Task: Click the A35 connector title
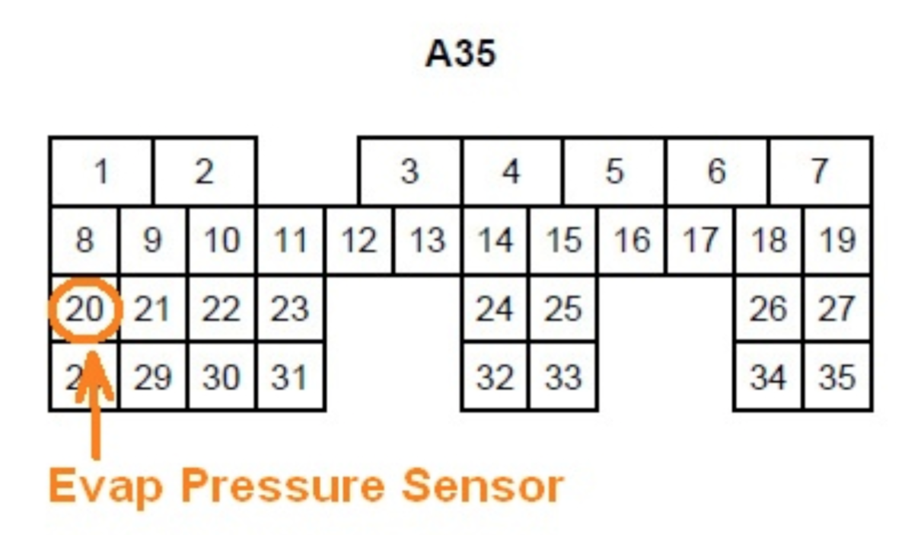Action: [460, 54]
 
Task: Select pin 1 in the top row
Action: [101, 172]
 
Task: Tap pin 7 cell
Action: [820, 172]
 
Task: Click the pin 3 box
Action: [410, 172]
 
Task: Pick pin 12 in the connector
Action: [359, 241]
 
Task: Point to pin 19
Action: [837, 241]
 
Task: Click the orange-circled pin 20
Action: [84, 310]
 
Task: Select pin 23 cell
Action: [290, 309]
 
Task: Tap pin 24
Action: [495, 309]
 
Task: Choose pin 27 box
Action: [837, 309]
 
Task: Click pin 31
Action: [290, 377]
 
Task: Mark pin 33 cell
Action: [563, 377]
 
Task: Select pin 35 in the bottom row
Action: [837, 377]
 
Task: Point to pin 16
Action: [632, 241]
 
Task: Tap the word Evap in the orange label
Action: [105, 485]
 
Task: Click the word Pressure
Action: [282, 485]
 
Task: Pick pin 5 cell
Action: [614, 172]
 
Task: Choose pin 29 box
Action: [153, 377]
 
